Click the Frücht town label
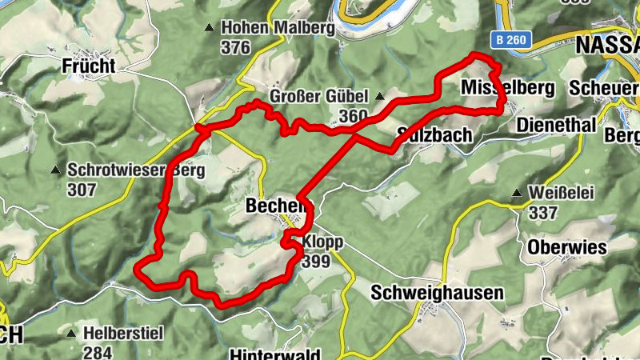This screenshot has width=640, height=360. click(88, 66)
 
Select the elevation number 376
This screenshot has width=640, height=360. click(236, 48)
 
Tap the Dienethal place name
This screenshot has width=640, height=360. click(556, 126)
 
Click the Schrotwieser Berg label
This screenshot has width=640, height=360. click(137, 170)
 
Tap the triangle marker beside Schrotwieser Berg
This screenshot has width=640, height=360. click(55, 170)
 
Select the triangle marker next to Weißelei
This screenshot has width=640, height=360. click(518, 194)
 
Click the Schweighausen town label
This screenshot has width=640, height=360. click(437, 294)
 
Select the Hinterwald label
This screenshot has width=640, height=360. click(274, 354)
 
